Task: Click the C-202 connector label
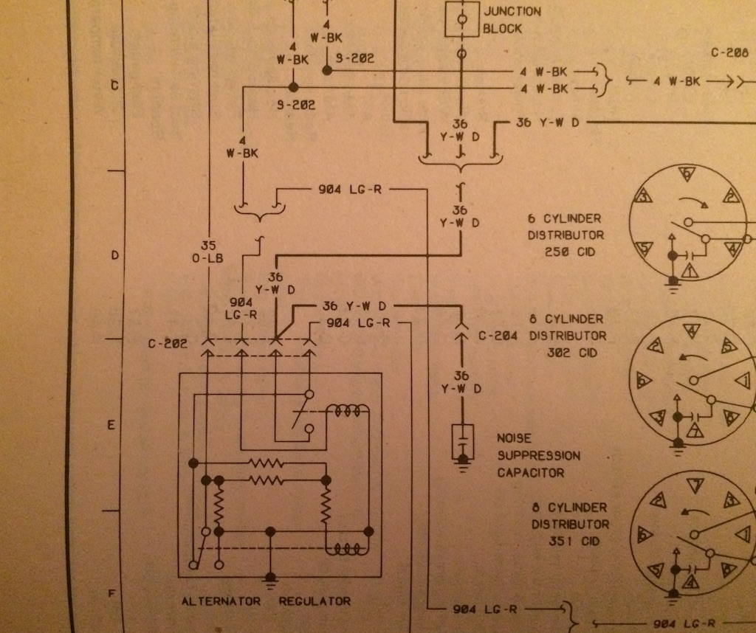(166, 344)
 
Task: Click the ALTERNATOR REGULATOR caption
(266, 601)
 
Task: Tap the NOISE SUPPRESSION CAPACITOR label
(538, 455)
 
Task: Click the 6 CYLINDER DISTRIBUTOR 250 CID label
(565, 235)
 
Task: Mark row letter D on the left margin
(114, 256)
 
